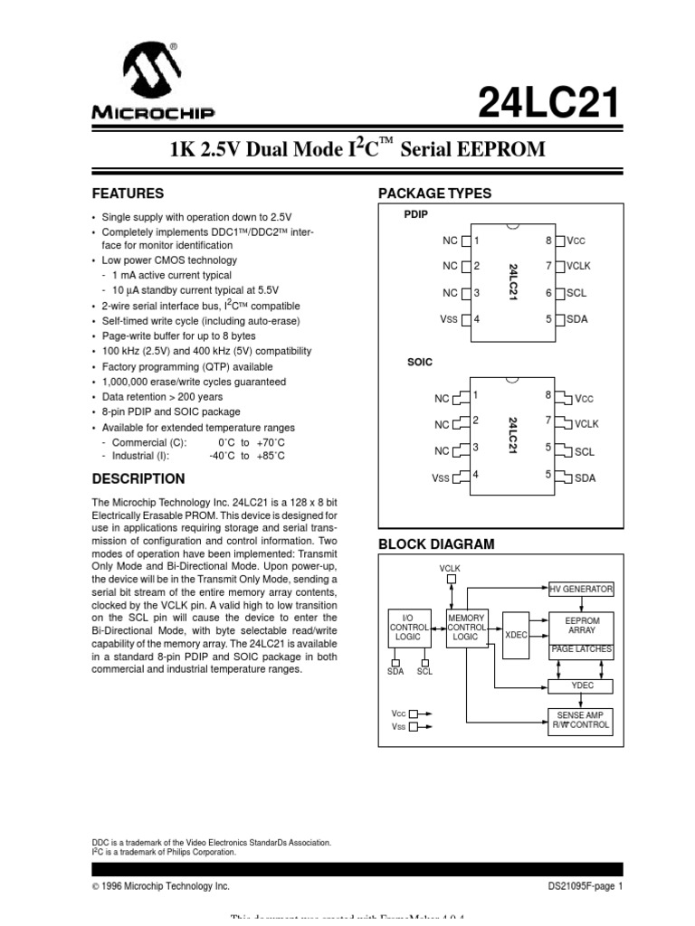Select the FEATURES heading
[x=129, y=194]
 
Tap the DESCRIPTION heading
[x=138, y=478]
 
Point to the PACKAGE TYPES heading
[x=434, y=194]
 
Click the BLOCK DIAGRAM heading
[x=436, y=543]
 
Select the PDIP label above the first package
[x=416, y=215]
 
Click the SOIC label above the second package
[x=420, y=362]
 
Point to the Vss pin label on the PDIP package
[x=449, y=319]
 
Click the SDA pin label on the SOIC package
[x=586, y=478]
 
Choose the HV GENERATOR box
[x=581, y=590]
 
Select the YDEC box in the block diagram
[x=581, y=685]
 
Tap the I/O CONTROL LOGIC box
[x=409, y=627]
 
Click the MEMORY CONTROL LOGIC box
[x=467, y=627]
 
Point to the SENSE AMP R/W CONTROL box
[x=581, y=720]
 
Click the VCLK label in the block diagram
[x=450, y=568]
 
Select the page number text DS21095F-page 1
[x=586, y=886]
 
